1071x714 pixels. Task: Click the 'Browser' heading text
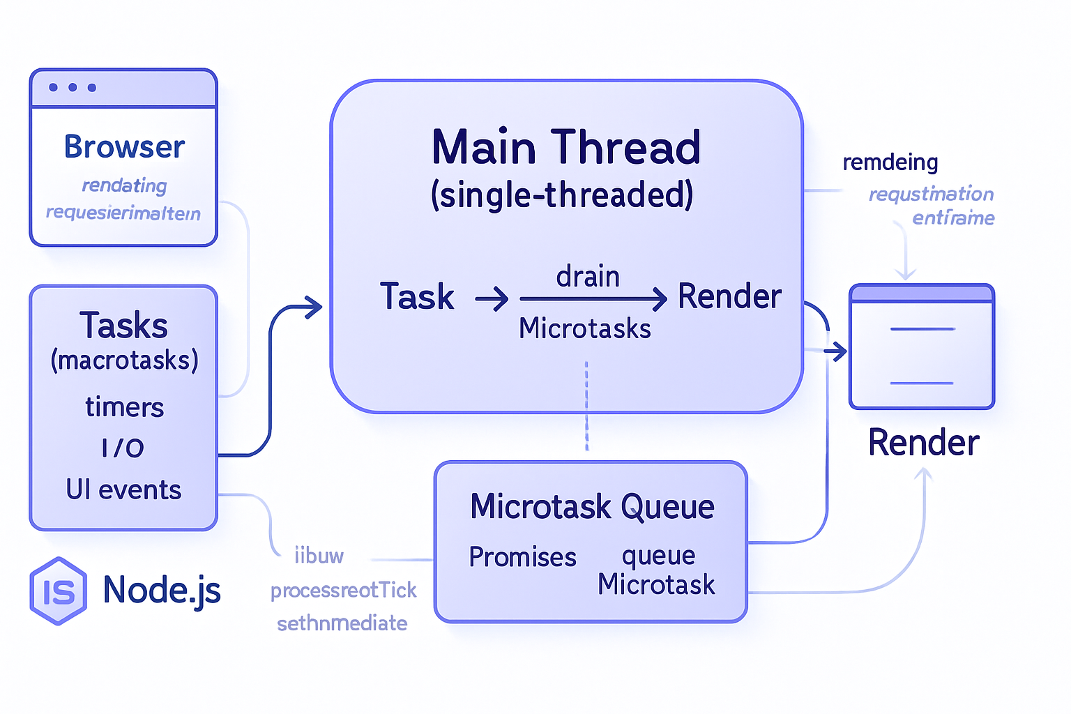[124, 147]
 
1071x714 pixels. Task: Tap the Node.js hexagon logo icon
[59, 591]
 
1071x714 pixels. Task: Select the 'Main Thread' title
[565, 148]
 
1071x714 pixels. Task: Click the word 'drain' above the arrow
[588, 277]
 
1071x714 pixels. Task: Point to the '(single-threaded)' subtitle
[562, 195]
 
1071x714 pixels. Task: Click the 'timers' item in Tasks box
[124, 407]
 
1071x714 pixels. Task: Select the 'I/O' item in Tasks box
[123, 448]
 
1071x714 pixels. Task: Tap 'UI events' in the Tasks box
[123, 490]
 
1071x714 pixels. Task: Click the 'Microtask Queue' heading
[592, 507]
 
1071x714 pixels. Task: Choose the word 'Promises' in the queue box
[522, 557]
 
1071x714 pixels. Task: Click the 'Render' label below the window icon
[923, 443]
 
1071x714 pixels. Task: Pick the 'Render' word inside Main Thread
[729, 297]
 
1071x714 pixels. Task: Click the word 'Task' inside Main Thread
[417, 297]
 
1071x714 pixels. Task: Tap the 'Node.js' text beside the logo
[162, 591]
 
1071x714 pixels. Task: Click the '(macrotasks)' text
[124, 361]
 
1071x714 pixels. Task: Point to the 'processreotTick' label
[343, 591]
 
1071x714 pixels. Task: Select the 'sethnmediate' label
[342, 623]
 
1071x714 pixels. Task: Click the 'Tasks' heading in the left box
[123, 326]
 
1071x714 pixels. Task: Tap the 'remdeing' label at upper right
[890, 162]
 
